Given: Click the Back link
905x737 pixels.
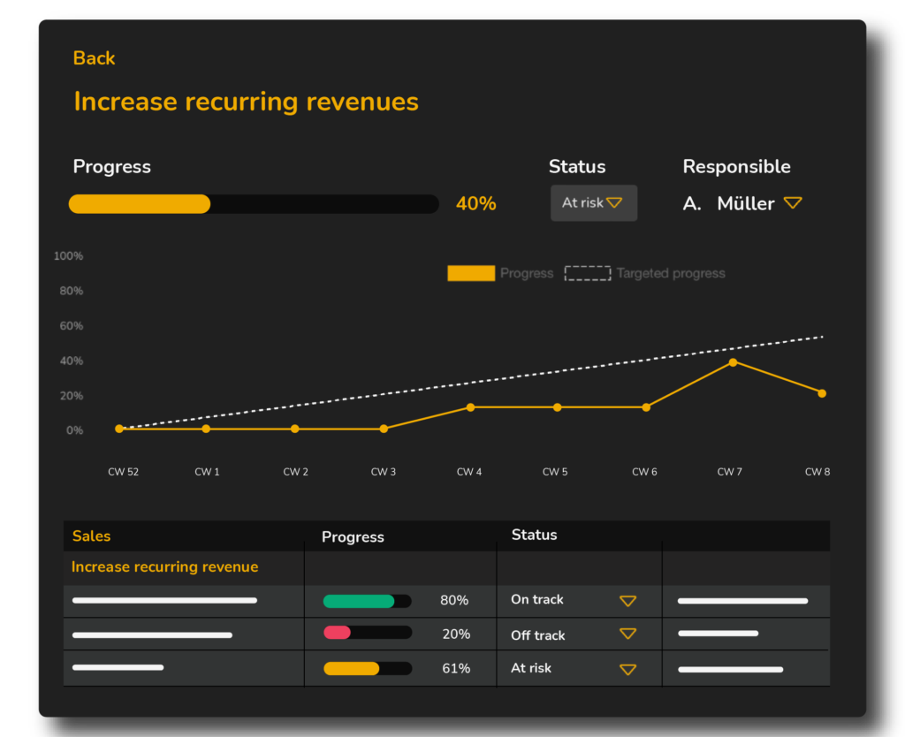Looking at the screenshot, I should coord(94,58).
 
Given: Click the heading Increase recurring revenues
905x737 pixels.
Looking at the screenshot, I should coord(246,102).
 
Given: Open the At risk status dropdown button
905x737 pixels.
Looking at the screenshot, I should coord(593,202).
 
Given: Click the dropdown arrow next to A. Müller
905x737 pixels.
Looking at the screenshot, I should coord(793,203).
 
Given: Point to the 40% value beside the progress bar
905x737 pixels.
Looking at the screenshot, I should coord(475,204).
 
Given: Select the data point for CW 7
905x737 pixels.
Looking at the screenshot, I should coord(733,362).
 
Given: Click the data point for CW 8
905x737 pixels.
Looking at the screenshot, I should coord(822,393).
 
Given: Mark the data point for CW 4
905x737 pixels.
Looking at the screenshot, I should coord(470,407).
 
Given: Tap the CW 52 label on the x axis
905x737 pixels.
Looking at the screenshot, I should coord(123,472).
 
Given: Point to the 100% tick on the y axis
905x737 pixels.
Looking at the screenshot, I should coord(69,256).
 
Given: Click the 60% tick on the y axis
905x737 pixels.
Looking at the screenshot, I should coord(72,326).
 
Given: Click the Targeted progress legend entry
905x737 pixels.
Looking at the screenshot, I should coord(645,274).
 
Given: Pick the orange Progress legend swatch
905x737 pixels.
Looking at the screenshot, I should coord(471,274).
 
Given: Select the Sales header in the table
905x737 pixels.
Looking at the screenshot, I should coord(92,536).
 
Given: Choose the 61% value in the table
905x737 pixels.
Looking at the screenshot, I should coord(456,669).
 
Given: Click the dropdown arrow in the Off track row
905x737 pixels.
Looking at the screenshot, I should coord(627,634).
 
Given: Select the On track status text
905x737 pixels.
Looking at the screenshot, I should coord(536,600).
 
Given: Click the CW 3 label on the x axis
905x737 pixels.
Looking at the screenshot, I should coord(383,472).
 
